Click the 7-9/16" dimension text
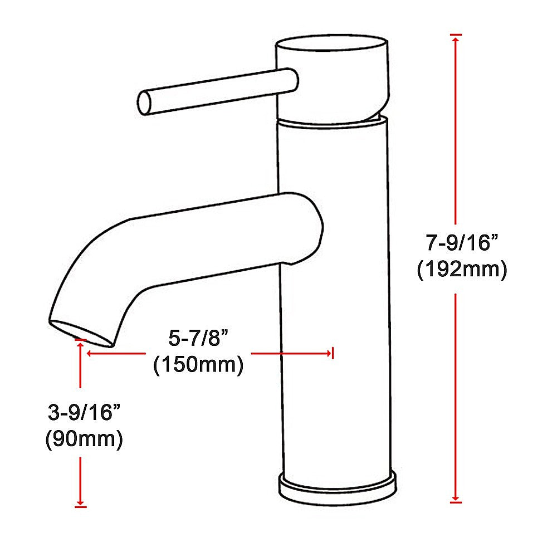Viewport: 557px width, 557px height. [461, 243]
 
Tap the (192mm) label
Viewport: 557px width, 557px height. [462, 270]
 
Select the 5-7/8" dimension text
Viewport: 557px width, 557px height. [199, 338]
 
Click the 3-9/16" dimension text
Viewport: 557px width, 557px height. [84, 413]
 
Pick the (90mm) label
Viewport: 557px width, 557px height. [84, 439]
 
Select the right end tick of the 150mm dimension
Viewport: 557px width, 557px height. [332, 353]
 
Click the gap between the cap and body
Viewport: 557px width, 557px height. [332, 121]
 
